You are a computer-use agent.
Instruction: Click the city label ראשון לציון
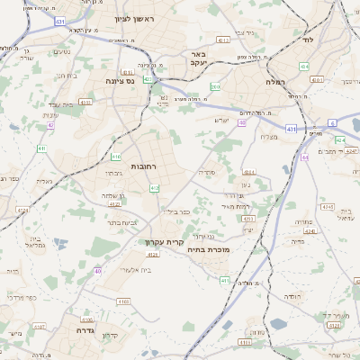point(136,19)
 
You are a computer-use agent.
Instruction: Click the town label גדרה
point(80,319)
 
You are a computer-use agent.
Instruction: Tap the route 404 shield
point(304,66)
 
